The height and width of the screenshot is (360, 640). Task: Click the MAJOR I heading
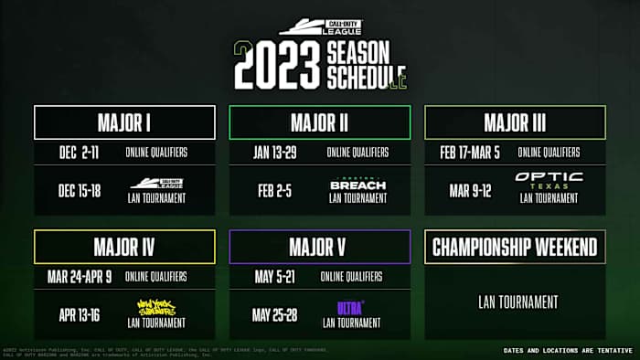click(x=124, y=122)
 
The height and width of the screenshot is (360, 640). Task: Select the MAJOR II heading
click(x=319, y=122)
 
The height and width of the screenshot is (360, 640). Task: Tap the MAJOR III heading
click(x=515, y=122)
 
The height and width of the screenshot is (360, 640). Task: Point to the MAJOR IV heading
click(x=124, y=247)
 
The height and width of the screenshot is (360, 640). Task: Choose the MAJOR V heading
click(x=319, y=247)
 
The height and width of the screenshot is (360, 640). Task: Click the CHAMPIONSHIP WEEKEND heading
click(x=515, y=247)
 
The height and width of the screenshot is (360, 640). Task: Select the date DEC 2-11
click(x=78, y=152)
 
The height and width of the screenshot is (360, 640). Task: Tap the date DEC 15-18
click(x=80, y=190)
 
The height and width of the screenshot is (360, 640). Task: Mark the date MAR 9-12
click(x=471, y=190)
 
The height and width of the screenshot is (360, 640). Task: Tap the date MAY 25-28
click(x=275, y=314)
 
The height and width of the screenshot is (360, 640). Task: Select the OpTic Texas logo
click(x=549, y=180)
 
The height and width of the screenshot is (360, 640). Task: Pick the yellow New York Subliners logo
click(x=156, y=307)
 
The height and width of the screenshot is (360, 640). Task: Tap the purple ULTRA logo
click(x=350, y=307)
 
